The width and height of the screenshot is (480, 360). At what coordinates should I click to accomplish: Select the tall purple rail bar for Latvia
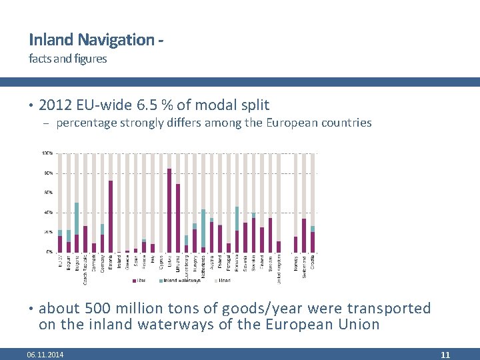169,211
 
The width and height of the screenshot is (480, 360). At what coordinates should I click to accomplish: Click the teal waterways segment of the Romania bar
237,219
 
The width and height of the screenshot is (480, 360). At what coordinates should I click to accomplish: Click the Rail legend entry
141,281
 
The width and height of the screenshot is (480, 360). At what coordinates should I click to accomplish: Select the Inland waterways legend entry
181,281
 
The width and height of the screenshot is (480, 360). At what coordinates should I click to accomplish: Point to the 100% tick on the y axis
48,153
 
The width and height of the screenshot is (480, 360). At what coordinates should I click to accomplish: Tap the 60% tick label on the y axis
49,193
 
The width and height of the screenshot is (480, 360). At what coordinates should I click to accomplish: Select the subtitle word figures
91,59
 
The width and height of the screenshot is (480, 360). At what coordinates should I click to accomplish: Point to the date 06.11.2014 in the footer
45,355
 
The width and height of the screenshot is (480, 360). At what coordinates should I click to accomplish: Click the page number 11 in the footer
445,355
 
